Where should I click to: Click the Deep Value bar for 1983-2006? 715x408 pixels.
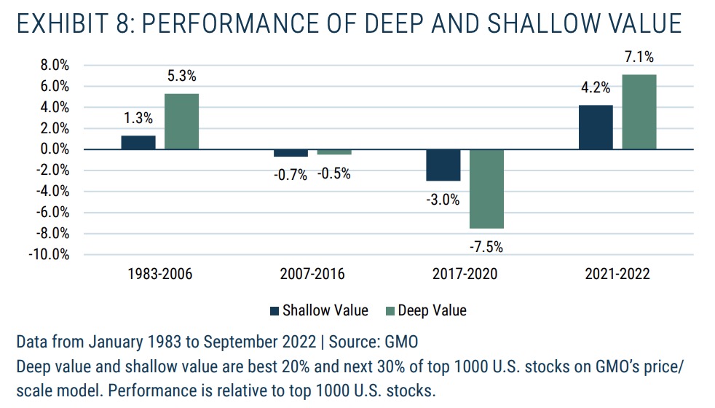pos(181,121)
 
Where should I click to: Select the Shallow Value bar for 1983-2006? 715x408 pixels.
pos(138,142)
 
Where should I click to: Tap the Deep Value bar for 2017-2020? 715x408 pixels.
pos(486,188)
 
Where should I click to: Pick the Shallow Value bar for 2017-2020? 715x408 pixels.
pos(443,165)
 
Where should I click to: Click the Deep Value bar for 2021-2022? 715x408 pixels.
pos(639,111)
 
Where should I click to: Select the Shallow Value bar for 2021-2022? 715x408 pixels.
pos(596,127)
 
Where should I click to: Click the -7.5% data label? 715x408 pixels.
pos(486,246)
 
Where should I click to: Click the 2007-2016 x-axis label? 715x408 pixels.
pos(312,275)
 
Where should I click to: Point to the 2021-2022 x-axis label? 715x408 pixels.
pos(617,275)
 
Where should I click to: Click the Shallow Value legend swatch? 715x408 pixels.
pos(274,311)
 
